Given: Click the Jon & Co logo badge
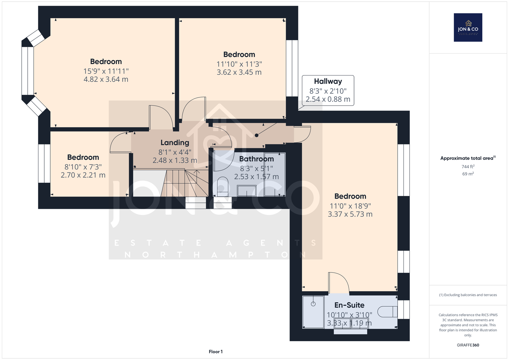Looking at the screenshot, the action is point(468,27).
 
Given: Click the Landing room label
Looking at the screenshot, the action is point(175,143).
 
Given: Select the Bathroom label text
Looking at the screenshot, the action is point(256,159).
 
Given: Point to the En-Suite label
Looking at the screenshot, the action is point(349,305).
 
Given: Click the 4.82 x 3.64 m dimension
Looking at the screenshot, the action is point(106,79).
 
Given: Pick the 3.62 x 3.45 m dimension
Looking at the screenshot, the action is point(239,72).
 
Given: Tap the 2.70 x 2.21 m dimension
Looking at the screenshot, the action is point(83,175).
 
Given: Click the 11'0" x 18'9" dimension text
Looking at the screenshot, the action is point(350,206).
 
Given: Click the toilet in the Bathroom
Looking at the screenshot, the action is point(222,187).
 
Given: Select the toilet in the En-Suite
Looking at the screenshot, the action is point(387,312).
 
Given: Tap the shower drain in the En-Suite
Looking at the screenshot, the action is point(313,304).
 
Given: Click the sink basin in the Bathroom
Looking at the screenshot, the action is point(247,191).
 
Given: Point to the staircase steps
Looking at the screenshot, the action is point(185,183).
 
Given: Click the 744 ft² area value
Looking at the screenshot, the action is point(468,166).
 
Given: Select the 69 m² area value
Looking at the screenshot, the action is point(468,174).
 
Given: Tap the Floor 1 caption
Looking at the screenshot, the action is point(216,351).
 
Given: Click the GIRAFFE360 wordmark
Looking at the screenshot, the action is point(468,345).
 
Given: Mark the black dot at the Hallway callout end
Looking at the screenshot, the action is point(256,135).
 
